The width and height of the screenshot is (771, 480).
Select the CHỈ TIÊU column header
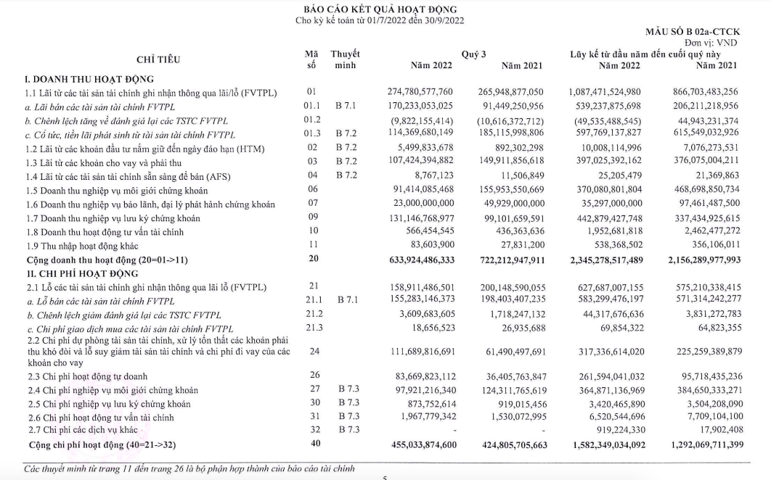158,59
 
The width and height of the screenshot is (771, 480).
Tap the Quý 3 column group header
473,54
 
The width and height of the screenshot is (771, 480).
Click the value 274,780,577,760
420,92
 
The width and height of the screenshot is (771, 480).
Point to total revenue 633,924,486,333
416,258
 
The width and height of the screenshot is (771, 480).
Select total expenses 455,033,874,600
416,444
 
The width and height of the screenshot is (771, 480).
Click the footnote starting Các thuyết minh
189,468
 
